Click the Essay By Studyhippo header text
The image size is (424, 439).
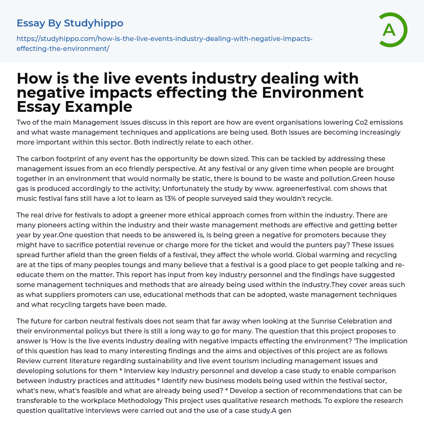click(70, 23)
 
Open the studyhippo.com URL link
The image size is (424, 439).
click(164, 43)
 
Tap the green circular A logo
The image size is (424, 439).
click(390, 29)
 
